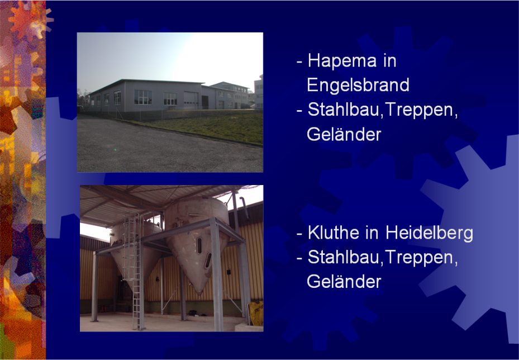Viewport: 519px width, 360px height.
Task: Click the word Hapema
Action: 342,61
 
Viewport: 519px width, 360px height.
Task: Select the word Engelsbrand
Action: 358,85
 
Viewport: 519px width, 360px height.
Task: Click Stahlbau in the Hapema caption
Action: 343,110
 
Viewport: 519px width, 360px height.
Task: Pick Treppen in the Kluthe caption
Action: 421,258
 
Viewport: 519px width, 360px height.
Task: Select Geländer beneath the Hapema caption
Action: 344,134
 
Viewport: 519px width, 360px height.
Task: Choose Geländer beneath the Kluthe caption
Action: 344,282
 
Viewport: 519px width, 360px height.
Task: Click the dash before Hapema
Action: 299,62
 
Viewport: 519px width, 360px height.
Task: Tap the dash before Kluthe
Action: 299,234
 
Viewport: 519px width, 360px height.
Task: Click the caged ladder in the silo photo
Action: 134,270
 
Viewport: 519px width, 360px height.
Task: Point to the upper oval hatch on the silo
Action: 199,245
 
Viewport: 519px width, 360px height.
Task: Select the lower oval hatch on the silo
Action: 208,260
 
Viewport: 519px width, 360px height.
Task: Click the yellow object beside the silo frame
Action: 256,313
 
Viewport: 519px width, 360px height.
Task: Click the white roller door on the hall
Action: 191,100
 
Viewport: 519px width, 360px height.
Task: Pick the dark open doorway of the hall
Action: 205,102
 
